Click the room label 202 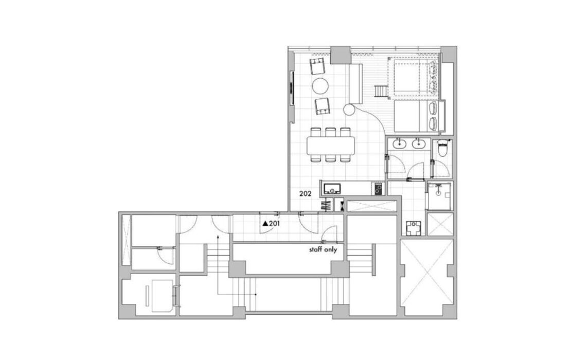(x=305, y=194)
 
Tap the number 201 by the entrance (x=274, y=224)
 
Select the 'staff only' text (x=323, y=250)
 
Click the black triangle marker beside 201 (x=265, y=224)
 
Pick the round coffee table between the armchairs (x=320, y=86)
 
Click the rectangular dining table (x=331, y=145)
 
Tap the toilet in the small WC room (x=441, y=149)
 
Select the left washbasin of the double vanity (x=400, y=144)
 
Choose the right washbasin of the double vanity (x=418, y=144)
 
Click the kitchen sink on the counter (x=332, y=189)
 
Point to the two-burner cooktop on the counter (x=379, y=189)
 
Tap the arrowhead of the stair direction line (x=218, y=237)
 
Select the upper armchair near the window (x=318, y=67)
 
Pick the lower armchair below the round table (x=323, y=106)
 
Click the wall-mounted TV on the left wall (x=291, y=88)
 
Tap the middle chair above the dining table (x=331, y=132)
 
